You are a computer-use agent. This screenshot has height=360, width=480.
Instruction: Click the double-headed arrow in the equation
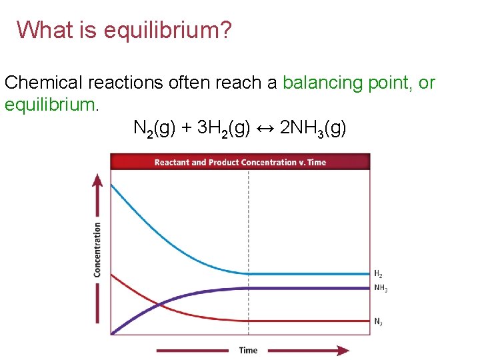(x=264, y=127)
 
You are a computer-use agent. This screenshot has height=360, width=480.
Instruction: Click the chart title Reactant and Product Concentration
(x=240, y=162)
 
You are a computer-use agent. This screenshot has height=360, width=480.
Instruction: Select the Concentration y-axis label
(x=97, y=250)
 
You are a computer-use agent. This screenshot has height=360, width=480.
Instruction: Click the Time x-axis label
(x=248, y=350)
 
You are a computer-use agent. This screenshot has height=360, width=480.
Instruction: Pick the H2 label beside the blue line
(x=378, y=274)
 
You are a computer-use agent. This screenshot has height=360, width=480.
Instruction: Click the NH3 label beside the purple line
(x=381, y=289)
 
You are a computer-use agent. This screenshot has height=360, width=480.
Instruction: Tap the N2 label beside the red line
(x=378, y=321)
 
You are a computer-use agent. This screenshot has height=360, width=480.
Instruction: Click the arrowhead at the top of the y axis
(x=97, y=180)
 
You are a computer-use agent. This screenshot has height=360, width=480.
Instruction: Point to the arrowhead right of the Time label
(x=341, y=350)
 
